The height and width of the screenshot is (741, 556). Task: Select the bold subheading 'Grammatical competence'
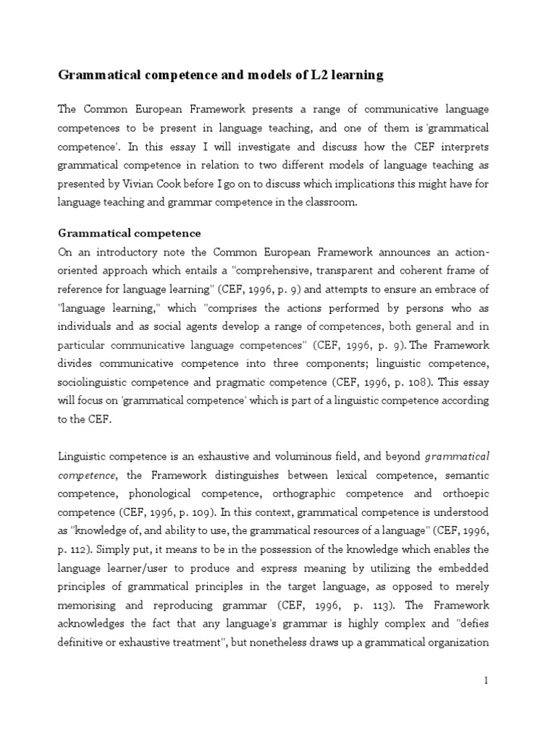tap(129, 234)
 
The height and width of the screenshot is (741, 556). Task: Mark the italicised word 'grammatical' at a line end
tap(457, 457)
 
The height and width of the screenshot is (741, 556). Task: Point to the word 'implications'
tap(376, 185)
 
